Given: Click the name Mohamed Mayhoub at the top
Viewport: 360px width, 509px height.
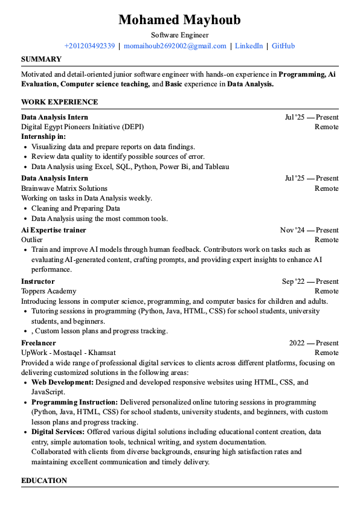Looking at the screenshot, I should pos(179,20).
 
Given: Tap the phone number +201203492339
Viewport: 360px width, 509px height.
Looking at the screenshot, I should pos(89,46).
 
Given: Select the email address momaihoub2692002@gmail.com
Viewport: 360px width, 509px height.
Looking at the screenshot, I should pos(175,46).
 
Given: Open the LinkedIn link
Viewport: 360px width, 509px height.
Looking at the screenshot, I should pos(249,46).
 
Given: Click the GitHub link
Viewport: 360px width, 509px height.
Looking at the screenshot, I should pos(283,46).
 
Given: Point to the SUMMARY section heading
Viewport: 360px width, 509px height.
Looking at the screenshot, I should pos(41,59).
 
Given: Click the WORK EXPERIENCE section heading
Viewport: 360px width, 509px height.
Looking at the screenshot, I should pos(59,102).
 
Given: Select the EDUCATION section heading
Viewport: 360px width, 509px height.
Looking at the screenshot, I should pos(44,481).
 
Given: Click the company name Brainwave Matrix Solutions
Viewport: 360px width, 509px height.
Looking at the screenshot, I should pos(64,188).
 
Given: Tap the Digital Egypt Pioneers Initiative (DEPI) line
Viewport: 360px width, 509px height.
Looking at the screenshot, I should pos(83,127).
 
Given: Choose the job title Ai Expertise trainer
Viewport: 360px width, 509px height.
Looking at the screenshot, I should pos(54,230).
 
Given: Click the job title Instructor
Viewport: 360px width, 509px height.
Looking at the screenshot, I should pos(38,281).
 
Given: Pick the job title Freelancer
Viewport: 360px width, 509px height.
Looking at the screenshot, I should pos(39,343).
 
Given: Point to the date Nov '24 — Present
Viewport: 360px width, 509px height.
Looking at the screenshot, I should pos(309,230).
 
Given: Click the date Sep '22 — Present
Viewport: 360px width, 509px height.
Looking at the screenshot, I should pos(310,281).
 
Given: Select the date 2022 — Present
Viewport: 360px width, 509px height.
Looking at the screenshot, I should pos(313,343).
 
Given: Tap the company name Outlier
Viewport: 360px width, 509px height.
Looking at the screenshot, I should pos(32,240).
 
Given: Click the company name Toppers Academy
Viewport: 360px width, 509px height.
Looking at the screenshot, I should pos(49,291).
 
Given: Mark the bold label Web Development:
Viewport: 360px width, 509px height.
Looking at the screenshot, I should pos(62,382).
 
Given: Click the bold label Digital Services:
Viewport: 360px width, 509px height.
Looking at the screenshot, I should pos(58,432).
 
